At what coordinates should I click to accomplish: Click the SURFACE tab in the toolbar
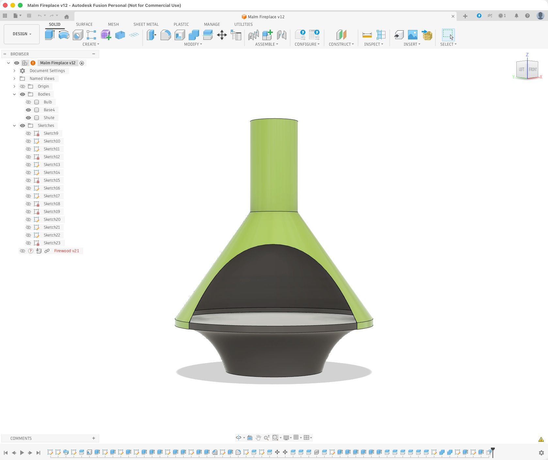[84, 24]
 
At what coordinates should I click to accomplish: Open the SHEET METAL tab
[146, 24]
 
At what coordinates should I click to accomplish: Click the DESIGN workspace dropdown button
[22, 34]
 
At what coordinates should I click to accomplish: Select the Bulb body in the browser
[48, 102]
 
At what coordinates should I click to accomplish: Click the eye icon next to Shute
[28, 118]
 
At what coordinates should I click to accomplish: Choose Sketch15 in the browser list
[52, 180]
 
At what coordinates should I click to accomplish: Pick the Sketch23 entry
[52, 243]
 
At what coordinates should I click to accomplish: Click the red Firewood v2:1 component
[67, 251]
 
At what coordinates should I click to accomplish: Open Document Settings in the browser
[47, 71]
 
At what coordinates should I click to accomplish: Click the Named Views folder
[42, 79]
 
